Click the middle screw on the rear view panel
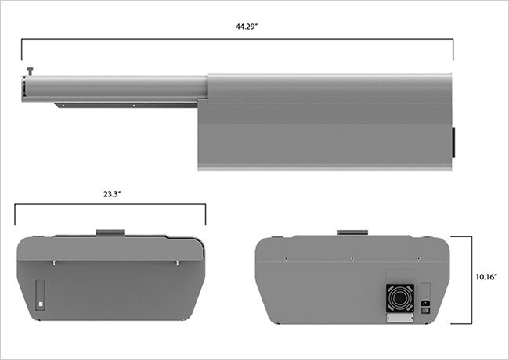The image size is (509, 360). pos(352,257)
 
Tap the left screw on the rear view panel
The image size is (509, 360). pos(287,257)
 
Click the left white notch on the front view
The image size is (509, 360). pos(54,263)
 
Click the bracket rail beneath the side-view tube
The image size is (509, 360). pos(125,104)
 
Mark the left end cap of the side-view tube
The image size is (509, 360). pos(24,88)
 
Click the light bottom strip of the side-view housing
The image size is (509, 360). pos(325,167)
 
